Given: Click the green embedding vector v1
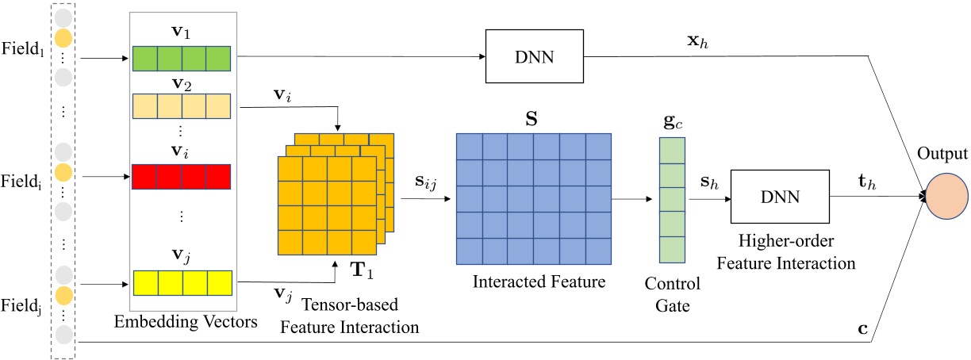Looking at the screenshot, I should [x=182, y=59].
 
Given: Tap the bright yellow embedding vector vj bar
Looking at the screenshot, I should [x=182, y=282].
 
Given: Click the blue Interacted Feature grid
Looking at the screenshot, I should [x=533, y=197].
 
